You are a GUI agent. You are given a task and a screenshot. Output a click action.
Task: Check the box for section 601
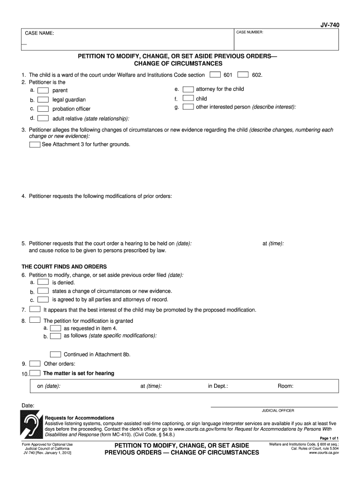tap(215, 74)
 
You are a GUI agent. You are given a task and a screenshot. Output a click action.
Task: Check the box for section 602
tap(243, 74)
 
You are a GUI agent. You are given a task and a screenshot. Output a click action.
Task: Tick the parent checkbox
tap(43, 90)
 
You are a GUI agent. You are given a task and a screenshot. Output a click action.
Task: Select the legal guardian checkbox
tap(43, 99)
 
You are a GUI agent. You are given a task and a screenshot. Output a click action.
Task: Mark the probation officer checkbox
tap(43, 109)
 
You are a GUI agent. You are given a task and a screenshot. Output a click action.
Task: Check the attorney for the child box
tap(188, 89)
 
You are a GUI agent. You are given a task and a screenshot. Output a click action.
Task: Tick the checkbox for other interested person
tap(188, 107)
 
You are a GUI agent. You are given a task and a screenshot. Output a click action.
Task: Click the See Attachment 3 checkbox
tap(35, 145)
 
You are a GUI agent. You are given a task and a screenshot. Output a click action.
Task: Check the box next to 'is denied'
tap(43, 282)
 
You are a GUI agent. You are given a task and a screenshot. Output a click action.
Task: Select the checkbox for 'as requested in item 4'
tap(55, 328)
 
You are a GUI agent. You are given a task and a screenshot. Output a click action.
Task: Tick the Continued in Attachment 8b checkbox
tap(55, 354)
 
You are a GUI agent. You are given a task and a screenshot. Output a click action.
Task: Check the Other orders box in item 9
tap(35, 363)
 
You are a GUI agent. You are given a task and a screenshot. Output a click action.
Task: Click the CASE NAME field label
tap(39, 34)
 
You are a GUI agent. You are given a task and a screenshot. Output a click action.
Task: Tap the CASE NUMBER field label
tap(250, 32)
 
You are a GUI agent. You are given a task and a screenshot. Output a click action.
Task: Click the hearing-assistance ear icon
tap(31, 425)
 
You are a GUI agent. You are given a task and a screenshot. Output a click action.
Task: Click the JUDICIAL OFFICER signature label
tap(278, 410)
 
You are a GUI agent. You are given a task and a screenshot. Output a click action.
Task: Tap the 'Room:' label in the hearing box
tap(285, 386)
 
